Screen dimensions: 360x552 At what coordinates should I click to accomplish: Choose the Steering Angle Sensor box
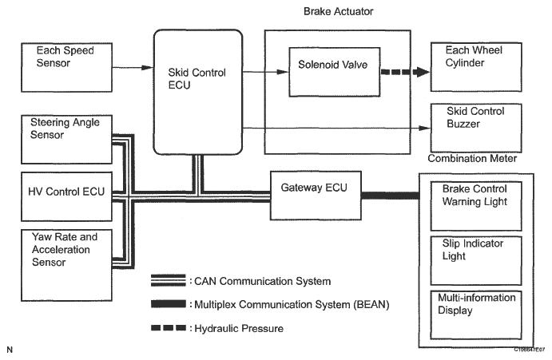66,137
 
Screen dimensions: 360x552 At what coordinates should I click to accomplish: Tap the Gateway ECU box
316,193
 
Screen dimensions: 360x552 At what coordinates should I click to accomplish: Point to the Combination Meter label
472,159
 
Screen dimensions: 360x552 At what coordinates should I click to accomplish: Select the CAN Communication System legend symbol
169,282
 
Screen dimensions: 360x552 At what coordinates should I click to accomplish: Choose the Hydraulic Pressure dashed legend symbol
169,327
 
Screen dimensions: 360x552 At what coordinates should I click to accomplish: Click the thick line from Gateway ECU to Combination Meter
391,195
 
